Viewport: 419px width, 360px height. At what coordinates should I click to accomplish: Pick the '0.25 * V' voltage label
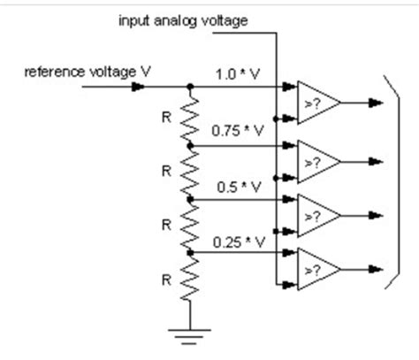[235, 241]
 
